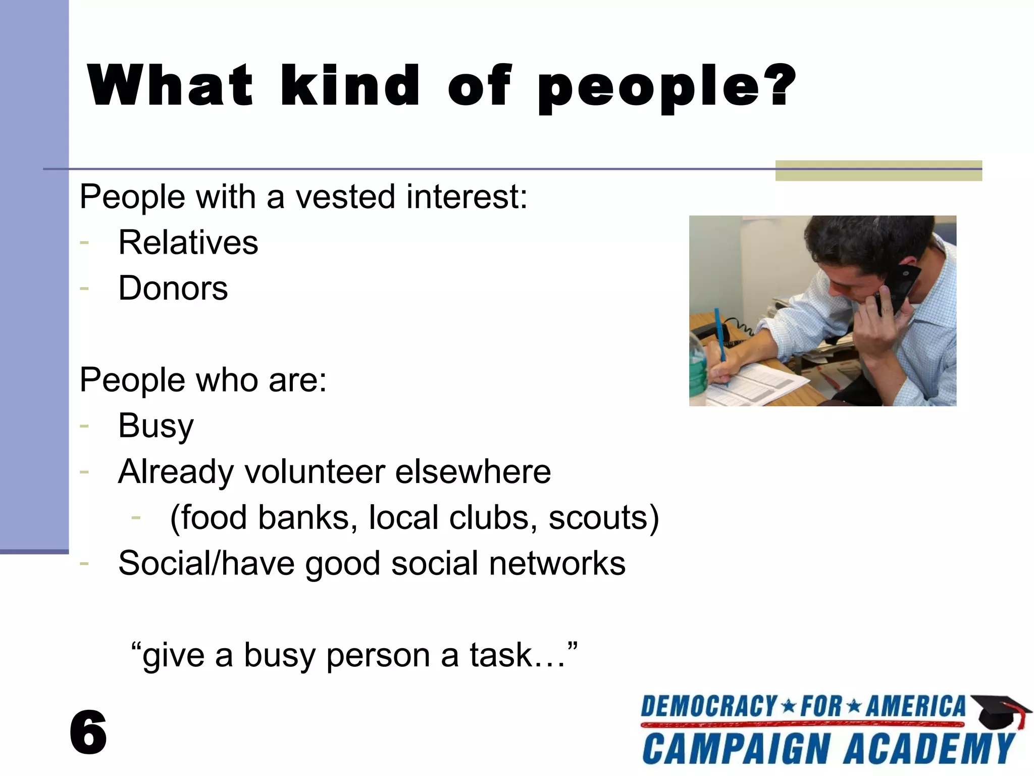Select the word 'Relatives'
[188, 243]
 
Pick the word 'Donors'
[173, 288]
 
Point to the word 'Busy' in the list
[156, 426]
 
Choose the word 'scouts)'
[604, 518]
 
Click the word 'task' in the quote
[501, 655]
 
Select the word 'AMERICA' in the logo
[915, 707]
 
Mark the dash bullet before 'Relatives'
[84, 243]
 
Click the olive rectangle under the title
[878, 171]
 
